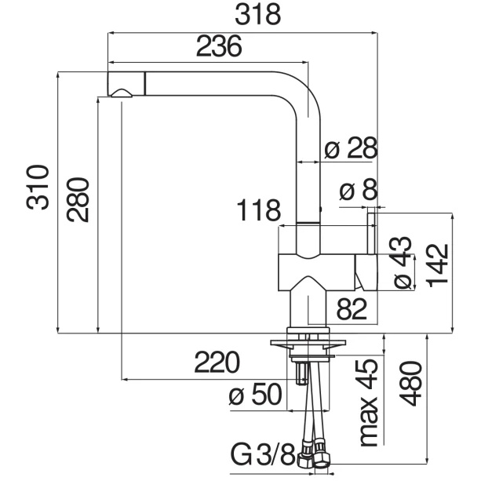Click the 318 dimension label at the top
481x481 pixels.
tap(257, 14)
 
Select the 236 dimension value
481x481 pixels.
tap(219, 46)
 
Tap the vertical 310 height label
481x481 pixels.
tap(38, 188)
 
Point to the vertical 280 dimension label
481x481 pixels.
tap(78, 199)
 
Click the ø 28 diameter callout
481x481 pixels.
tap(351, 148)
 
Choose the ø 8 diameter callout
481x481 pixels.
tap(359, 189)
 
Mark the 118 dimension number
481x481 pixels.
tap(259, 210)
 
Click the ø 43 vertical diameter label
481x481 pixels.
tap(402, 263)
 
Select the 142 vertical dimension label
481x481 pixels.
tap(439, 265)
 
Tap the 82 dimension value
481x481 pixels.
tap(352, 309)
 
